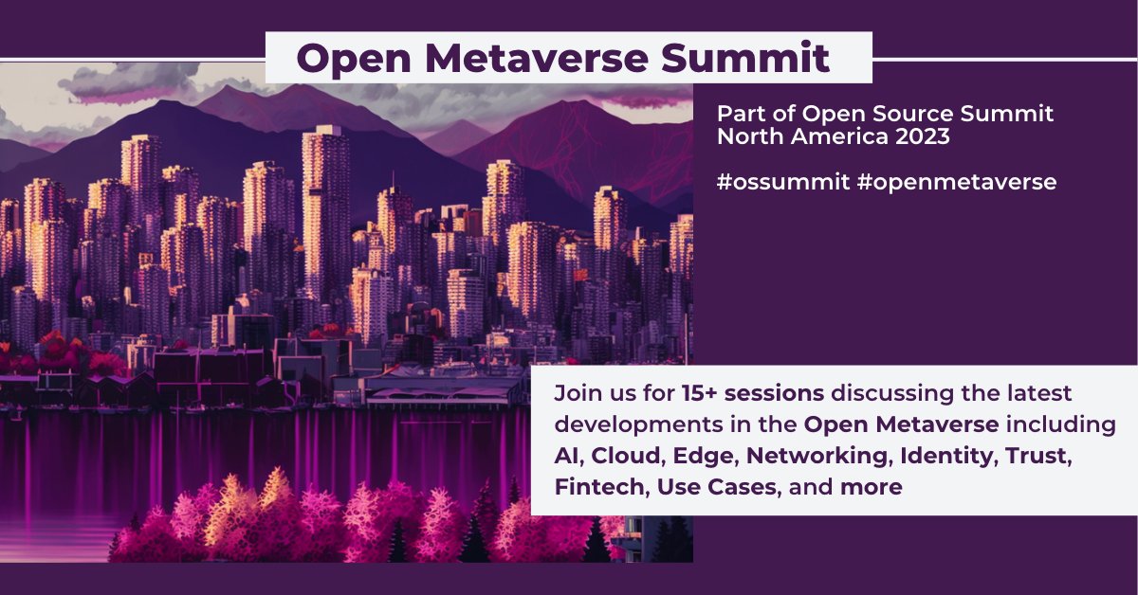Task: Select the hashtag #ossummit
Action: (783, 182)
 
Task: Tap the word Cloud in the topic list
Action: (626, 455)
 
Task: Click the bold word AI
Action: (567, 455)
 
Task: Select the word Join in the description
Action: (575, 392)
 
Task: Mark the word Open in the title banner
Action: (351, 58)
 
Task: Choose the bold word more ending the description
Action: (870, 487)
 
